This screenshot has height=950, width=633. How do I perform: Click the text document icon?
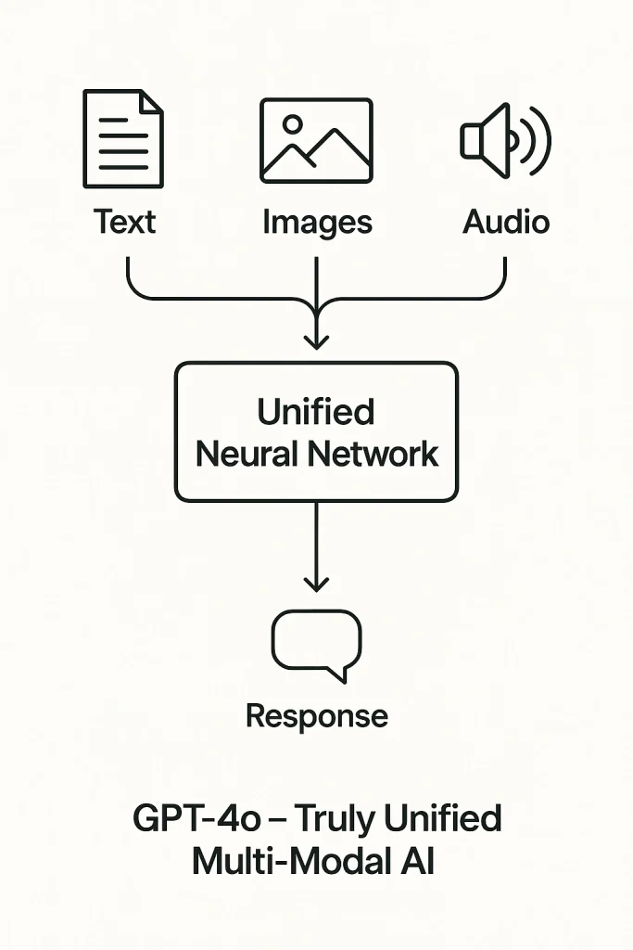(123, 138)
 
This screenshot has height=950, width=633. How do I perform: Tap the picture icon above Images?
(316, 140)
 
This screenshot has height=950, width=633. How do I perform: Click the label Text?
(124, 222)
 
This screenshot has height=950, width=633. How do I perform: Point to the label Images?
(317, 223)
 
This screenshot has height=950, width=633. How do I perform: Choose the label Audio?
(506, 222)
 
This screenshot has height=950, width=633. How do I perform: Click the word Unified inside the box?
(316, 411)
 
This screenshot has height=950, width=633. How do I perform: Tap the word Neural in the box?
(247, 454)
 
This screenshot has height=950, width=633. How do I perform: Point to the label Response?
(316, 715)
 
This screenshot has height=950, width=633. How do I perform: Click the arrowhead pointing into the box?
(316, 340)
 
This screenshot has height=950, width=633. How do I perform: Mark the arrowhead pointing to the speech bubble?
(316, 583)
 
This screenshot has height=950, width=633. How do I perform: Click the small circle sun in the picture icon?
(293, 123)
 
